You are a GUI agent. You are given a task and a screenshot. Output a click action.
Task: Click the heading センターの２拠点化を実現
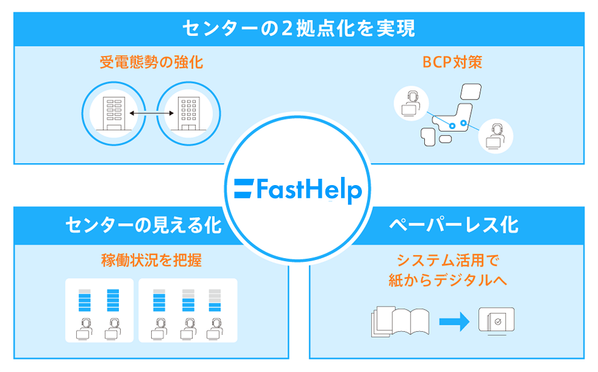pyautogui.click(x=299, y=28)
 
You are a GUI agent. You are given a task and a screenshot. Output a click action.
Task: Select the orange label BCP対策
pyautogui.click(x=453, y=63)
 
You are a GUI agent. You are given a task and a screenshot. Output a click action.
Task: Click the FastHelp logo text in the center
pyautogui.click(x=308, y=189)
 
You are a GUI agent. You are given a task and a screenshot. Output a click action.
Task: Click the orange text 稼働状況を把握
pyautogui.click(x=151, y=260)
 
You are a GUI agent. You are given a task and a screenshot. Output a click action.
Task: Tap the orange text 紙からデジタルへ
pyautogui.click(x=453, y=279)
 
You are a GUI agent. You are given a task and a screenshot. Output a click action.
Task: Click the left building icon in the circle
pyautogui.click(x=113, y=113)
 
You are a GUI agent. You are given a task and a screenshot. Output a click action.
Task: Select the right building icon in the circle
pyautogui.click(x=187, y=113)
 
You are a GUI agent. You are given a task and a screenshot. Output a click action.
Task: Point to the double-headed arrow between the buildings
pyautogui.click(x=150, y=113)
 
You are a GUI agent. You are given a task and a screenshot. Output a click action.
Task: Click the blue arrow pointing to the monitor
pyautogui.click(x=454, y=322)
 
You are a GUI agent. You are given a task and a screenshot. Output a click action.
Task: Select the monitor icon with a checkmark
pyautogui.click(x=496, y=321)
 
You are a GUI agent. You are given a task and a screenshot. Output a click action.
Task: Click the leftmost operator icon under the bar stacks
pyautogui.click(x=84, y=329)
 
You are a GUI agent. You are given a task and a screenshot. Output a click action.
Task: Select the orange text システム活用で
pyautogui.click(x=453, y=260)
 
